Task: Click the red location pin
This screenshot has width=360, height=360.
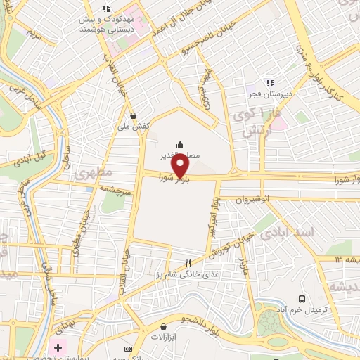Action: [181, 167]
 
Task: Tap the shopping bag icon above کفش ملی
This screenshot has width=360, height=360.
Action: [133, 116]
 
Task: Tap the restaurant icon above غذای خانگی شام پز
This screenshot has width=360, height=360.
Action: [187, 263]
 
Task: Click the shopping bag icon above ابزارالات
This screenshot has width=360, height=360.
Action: [163, 326]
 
